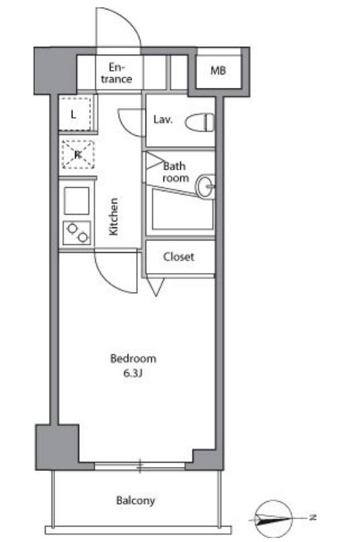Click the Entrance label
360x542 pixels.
point(117,73)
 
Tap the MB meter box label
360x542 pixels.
point(218,71)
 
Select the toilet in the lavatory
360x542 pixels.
point(200,122)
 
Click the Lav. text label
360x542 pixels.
point(163,119)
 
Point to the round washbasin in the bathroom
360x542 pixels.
point(206,186)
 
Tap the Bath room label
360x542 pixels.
point(176,172)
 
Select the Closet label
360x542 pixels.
point(178,257)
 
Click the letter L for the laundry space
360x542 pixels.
point(73,115)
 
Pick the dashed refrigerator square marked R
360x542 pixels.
point(78,154)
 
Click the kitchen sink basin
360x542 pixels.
point(76,201)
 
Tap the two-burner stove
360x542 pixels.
point(77,233)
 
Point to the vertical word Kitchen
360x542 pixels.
point(114,217)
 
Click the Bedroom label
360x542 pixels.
point(133,358)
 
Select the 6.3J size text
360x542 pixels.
point(133,374)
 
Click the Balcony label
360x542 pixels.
point(135,500)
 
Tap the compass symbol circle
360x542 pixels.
point(274,519)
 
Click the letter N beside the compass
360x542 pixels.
point(312,517)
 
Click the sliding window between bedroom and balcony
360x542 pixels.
point(139,466)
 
